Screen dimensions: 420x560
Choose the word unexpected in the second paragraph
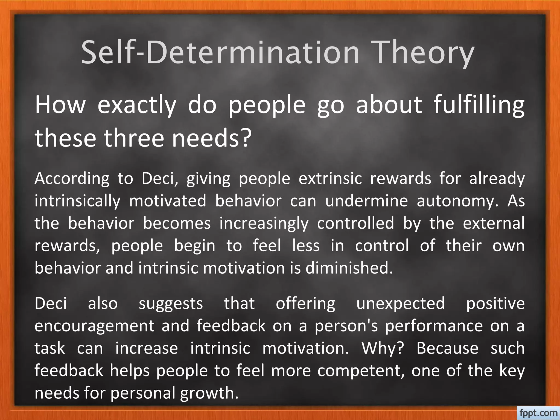401,304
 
